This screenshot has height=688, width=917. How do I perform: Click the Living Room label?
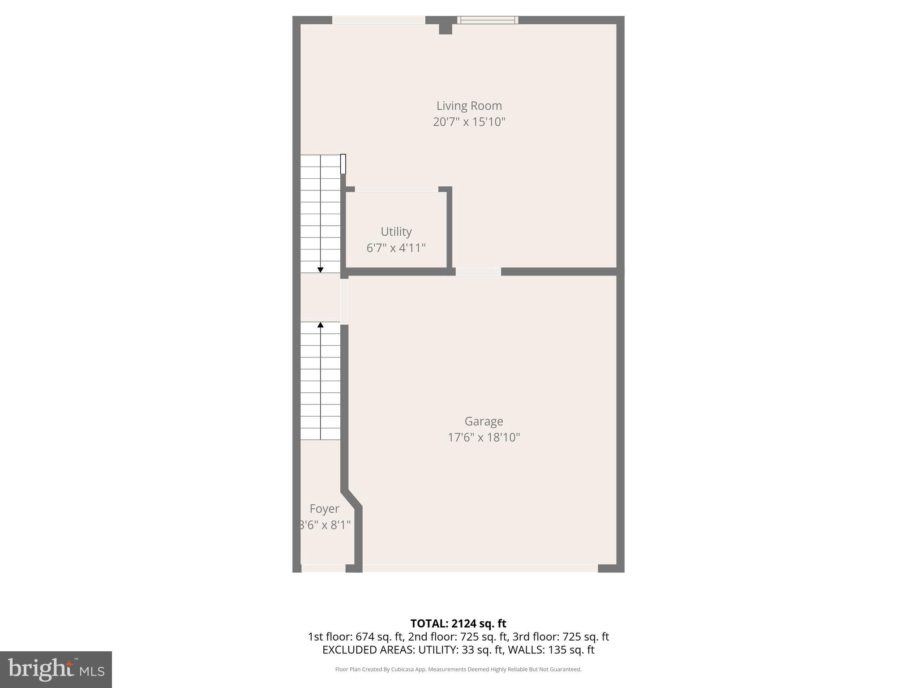pyautogui.click(x=469, y=106)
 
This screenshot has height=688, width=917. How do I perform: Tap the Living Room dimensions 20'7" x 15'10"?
pyautogui.click(x=469, y=122)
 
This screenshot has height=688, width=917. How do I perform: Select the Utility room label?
pyautogui.click(x=396, y=232)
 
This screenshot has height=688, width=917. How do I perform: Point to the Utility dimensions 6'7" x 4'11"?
pyautogui.click(x=396, y=248)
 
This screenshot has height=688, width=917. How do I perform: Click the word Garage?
pyautogui.click(x=484, y=421)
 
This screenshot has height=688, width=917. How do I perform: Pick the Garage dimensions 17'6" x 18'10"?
pyautogui.click(x=484, y=437)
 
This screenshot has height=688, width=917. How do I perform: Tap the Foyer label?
pyautogui.click(x=324, y=509)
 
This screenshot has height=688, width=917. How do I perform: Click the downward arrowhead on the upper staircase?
pyautogui.click(x=320, y=270)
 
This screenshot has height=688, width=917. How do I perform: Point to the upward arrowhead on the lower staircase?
pyautogui.click(x=320, y=325)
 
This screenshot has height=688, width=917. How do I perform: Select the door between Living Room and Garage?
pyautogui.click(x=478, y=271)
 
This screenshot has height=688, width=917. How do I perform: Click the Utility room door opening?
pyautogui.click(x=396, y=189)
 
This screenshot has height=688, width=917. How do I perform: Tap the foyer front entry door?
pyautogui.click(x=323, y=568)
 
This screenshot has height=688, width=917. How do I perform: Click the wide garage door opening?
pyautogui.click(x=480, y=568)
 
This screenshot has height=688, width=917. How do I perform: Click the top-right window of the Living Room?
pyautogui.click(x=488, y=20)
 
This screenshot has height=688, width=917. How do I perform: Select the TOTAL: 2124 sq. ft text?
pyautogui.click(x=458, y=623)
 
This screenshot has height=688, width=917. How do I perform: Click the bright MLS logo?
pyautogui.click(x=56, y=669)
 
